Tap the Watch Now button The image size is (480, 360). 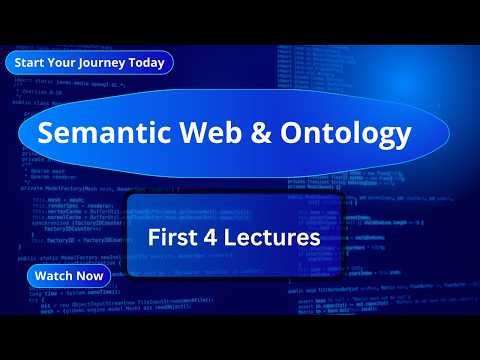click(x=68, y=275)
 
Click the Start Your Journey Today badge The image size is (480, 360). click(x=89, y=62)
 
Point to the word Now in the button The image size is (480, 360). click(x=89, y=275)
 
